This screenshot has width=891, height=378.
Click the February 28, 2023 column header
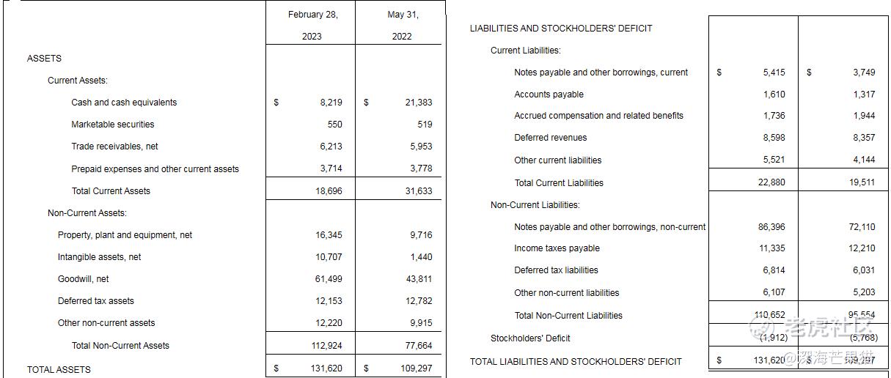click(x=312, y=25)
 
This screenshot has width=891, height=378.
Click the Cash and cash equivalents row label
click(x=124, y=103)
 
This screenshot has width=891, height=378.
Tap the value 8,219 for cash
click(x=331, y=103)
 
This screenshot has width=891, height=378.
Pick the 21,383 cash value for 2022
click(x=418, y=103)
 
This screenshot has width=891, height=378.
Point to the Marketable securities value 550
click(x=334, y=125)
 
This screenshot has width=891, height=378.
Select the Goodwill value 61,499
click(x=328, y=279)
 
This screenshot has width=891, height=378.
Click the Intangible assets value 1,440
click(x=421, y=257)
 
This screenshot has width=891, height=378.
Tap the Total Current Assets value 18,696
click(x=328, y=191)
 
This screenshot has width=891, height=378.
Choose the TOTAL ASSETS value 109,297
click(x=416, y=369)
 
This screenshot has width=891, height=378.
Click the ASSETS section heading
click(x=44, y=59)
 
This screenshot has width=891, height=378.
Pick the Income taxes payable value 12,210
click(x=862, y=249)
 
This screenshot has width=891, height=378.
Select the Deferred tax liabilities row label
click(x=556, y=270)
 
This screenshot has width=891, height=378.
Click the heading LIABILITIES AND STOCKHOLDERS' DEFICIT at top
click(x=561, y=29)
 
